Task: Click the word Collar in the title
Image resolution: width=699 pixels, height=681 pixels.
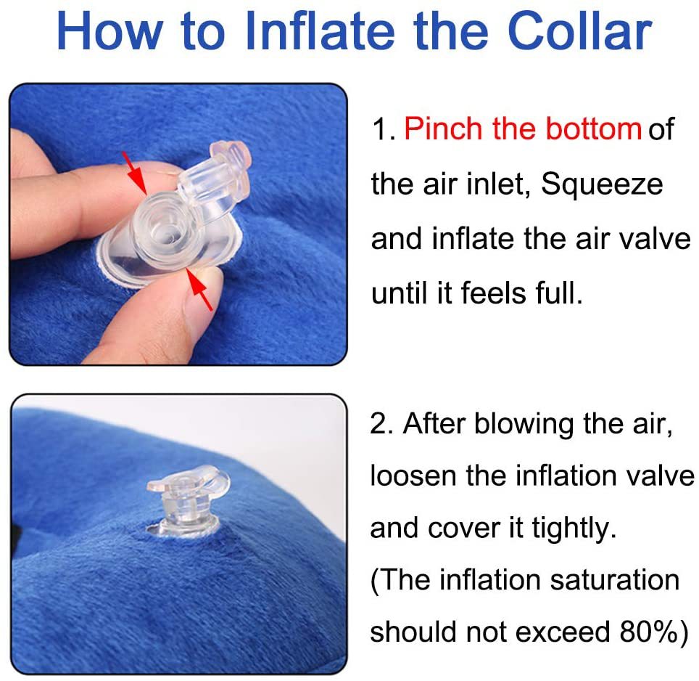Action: [x=579, y=30]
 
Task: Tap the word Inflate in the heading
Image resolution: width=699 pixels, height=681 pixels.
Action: [x=320, y=30]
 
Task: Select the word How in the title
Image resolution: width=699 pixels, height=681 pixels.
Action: [x=109, y=30]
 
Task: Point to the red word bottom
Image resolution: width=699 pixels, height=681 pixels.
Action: [x=593, y=129]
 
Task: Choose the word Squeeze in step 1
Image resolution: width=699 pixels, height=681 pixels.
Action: [x=602, y=184]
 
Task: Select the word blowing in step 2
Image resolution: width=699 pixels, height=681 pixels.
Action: [x=524, y=424]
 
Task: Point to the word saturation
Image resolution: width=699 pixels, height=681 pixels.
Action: [x=615, y=579]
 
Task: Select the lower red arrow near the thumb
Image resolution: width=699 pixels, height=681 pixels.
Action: [x=199, y=289]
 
